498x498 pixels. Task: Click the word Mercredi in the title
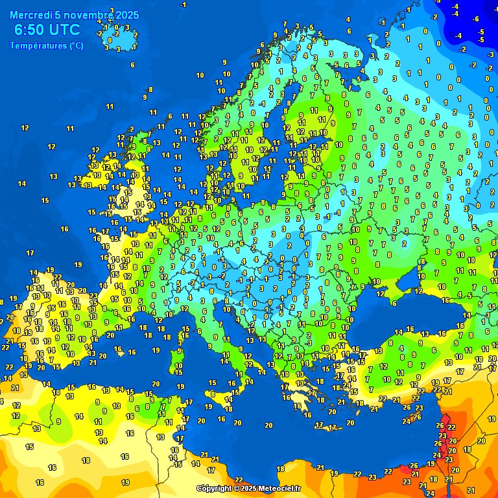coord(30,14)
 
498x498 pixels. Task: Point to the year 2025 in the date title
coord(126,14)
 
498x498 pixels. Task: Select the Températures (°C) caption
coord(47,45)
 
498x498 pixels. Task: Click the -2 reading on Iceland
coord(99,33)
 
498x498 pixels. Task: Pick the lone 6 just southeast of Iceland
coord(132,64)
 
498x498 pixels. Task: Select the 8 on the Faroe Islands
coord(150,89)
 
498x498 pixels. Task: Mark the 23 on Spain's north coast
coord(93,296)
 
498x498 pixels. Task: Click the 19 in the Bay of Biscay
coord(78,265)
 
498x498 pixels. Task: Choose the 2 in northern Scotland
coord(131,129)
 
